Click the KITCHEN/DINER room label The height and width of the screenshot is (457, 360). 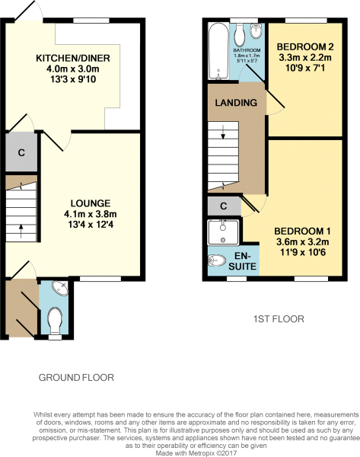click(73, 58)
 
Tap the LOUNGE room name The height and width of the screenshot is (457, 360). click(91, 203)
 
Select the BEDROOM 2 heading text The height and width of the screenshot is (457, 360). click(305, 46)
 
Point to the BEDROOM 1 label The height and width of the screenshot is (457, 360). click(302, 231)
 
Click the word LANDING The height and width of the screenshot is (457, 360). click(236, 103)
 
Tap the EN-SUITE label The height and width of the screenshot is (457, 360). click(242, 261)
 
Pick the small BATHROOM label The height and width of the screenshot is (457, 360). click(247, 50)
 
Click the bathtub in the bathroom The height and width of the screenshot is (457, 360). click(218, 51)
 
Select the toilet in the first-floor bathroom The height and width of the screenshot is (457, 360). click(240, 34)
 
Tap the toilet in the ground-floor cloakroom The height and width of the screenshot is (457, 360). click(55, 321)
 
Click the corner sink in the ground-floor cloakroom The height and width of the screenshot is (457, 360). click(61, 288)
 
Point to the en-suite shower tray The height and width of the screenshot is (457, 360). click(223, 232)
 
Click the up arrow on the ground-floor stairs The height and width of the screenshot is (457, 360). click(21, 231)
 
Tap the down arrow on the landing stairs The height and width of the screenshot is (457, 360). click(223, 132)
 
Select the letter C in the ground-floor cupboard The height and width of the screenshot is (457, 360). click(21, 152)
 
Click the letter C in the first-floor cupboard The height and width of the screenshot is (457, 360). click(224, 206)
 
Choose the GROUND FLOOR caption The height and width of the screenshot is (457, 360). click(76, 378)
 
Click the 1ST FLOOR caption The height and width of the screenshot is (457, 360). click(279, 319)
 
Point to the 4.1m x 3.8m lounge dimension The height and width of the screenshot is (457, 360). click(91, 214)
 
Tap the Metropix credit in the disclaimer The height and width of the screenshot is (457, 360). click(196, 453)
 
